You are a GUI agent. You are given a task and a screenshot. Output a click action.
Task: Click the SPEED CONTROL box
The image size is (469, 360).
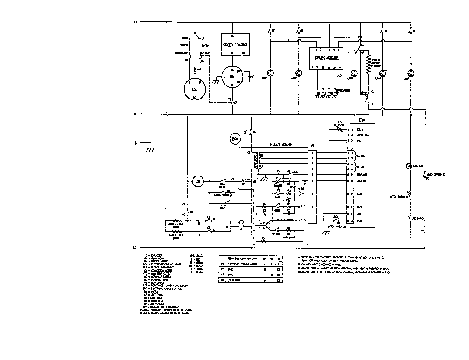(235, 45)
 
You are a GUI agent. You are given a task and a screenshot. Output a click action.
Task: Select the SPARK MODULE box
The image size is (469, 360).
(326, 58)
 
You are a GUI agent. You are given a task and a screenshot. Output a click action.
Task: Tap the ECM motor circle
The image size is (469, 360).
(235, 139)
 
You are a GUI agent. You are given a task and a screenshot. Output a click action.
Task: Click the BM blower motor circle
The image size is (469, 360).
(232, 77)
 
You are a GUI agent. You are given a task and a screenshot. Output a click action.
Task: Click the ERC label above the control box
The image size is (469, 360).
(361, 120)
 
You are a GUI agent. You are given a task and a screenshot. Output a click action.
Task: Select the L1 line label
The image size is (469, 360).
(135, 22)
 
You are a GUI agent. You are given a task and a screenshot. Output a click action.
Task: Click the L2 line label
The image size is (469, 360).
(135, 247)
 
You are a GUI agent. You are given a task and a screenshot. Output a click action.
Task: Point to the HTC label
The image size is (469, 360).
(240, 222)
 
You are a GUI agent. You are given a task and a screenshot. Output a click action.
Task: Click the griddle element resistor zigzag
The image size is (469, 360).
(367, 66)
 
